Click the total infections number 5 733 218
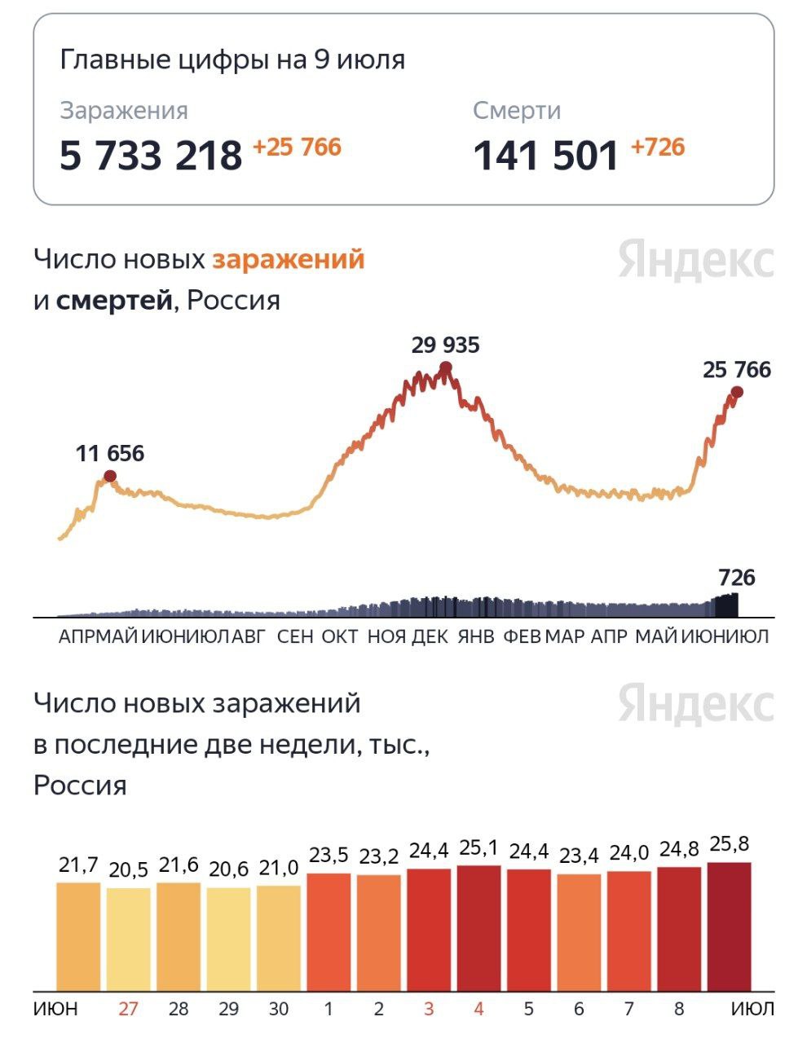pyautogui.click(x=151, y=155)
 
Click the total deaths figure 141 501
pyautogui.click(x=545, y=155)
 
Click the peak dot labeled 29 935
pyautogui.click(x=445, y=368)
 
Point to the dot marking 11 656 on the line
pyautogui.click(x=110, y=477)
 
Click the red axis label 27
pyautogui.click(x=128, y=1009)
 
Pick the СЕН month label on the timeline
pyautogui.click(x=295, y=636)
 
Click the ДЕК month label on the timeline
pyautogui.click(x=430, y=636)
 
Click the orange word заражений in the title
pyautogui.click(x=288, y=259)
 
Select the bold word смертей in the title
pyautogui.click(x=115, y=301)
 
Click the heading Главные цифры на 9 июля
pyautogui.click(x=232, y=60)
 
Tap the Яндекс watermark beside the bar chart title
pyautogui.click(x=695, y=703)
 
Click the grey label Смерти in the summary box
pyautogui.click(x=517, y=111)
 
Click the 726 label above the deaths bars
pyautogui.click(x=736, y=578)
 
